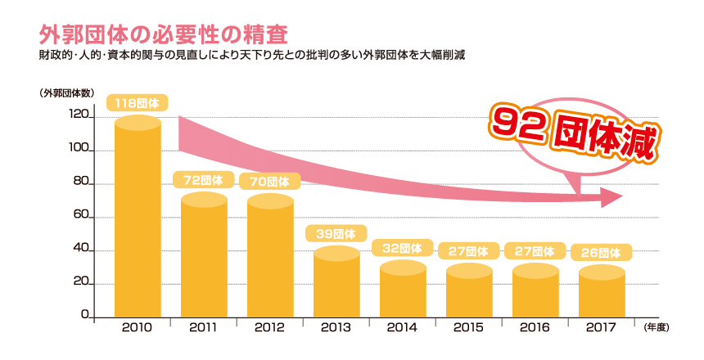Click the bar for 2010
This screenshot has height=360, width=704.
pyautogui.click(x=138, y=217)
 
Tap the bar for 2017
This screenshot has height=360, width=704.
pyautogui.click(x=602, y=293)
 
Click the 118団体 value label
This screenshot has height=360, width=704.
pyautogui.click(x=138, y=103)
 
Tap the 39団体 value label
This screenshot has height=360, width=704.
pyautogui.click(x=336, y=234)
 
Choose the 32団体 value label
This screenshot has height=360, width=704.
pyautogui.click(x=403, y=248)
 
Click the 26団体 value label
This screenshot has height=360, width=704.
pyautogui.click(x=602, y=252)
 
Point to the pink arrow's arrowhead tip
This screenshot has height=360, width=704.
pyautogui.click(x=622, y=197)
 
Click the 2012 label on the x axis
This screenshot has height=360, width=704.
pyautogui.click(x=270, y=327)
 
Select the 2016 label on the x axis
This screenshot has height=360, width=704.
pyautogui.click(x=535, y=327)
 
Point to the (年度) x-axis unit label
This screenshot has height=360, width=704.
pyautogui.click(x=657, y=327)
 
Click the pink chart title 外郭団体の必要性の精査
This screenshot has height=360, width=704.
pyautogui.click(x=164, y=35)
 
